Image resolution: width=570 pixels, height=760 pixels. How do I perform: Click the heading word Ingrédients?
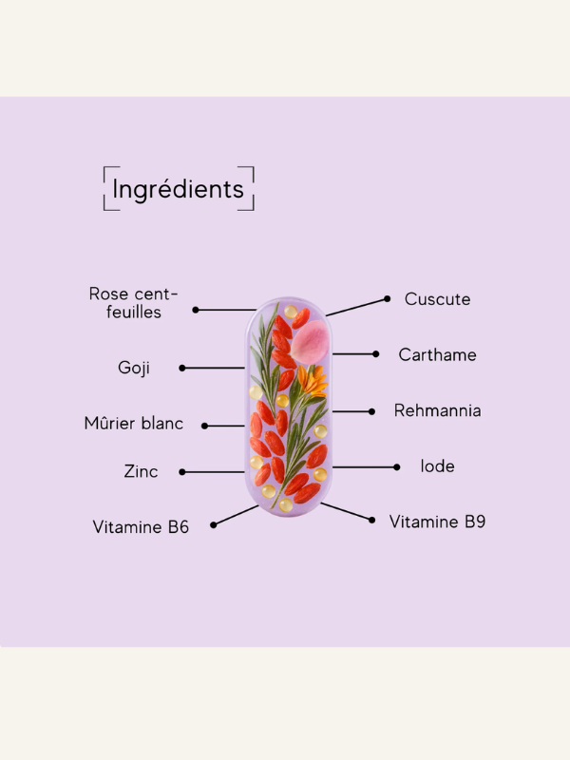178,189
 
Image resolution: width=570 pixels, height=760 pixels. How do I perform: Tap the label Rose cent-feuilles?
134,302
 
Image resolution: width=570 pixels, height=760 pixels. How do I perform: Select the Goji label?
134,368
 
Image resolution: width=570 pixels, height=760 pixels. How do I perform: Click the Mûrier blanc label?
134,424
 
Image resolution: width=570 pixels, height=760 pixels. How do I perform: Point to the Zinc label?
141,471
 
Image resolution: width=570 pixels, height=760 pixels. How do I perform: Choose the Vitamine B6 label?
141,526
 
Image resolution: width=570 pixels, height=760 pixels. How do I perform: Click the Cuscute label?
437,298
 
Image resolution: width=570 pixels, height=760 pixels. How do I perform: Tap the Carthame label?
437,354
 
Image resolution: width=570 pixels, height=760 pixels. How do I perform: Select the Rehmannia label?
437,410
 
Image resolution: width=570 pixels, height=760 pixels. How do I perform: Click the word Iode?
437,466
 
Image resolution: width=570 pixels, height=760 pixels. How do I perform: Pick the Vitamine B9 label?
437,522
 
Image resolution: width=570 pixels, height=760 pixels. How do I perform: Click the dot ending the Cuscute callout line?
388,298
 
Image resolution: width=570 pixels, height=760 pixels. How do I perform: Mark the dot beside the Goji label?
181,368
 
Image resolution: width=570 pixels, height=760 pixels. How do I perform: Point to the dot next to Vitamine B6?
213,524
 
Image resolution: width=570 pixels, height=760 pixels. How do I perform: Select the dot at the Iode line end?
397,466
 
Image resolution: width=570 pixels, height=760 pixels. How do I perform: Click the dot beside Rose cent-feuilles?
196,310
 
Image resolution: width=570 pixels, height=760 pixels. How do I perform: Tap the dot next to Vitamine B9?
372,520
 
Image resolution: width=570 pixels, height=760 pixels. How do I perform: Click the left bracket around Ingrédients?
105,188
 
